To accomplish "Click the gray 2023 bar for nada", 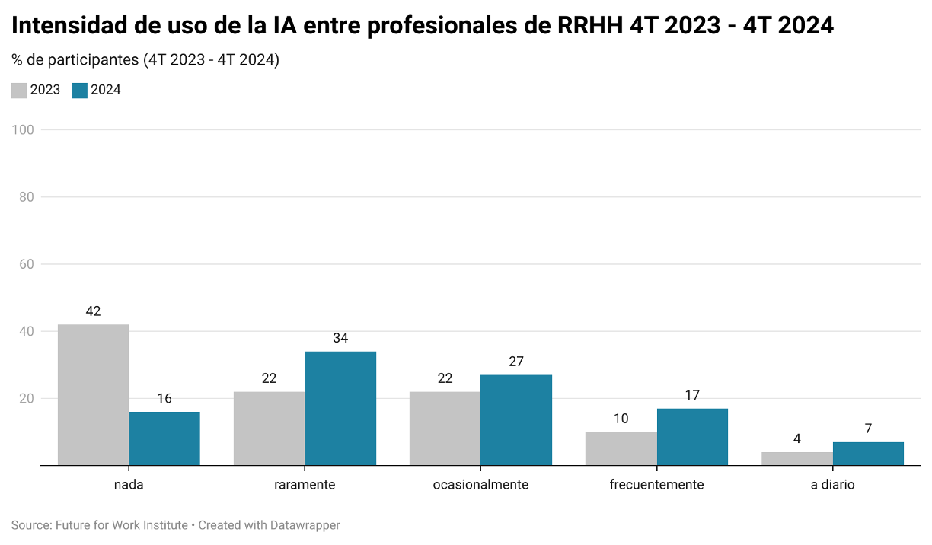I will tap(93, 394).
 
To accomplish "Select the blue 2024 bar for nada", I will tap(164, 438).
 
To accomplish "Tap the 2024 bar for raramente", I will tap(340, 408).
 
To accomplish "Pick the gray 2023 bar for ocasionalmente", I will tap(445, 428).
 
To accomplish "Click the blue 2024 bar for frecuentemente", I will tap(692, 437).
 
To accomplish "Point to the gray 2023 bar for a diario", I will tap(796, 458).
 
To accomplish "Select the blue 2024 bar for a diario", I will tap(868, 454).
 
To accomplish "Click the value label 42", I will tap(93, 311).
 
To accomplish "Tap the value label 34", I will tap(340, 338).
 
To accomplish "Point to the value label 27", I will tap(516, 362).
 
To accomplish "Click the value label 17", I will tap(692, 395).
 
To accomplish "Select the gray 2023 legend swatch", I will tap(19, 91).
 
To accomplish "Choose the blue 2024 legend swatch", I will tap(79, 91).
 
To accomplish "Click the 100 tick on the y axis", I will tap(24, 130).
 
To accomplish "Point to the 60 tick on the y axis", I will tap(27, 264).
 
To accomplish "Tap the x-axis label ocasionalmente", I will tap(480, 485).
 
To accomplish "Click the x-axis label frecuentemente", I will tap(656, 485).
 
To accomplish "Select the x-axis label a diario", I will tap(832, 485).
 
